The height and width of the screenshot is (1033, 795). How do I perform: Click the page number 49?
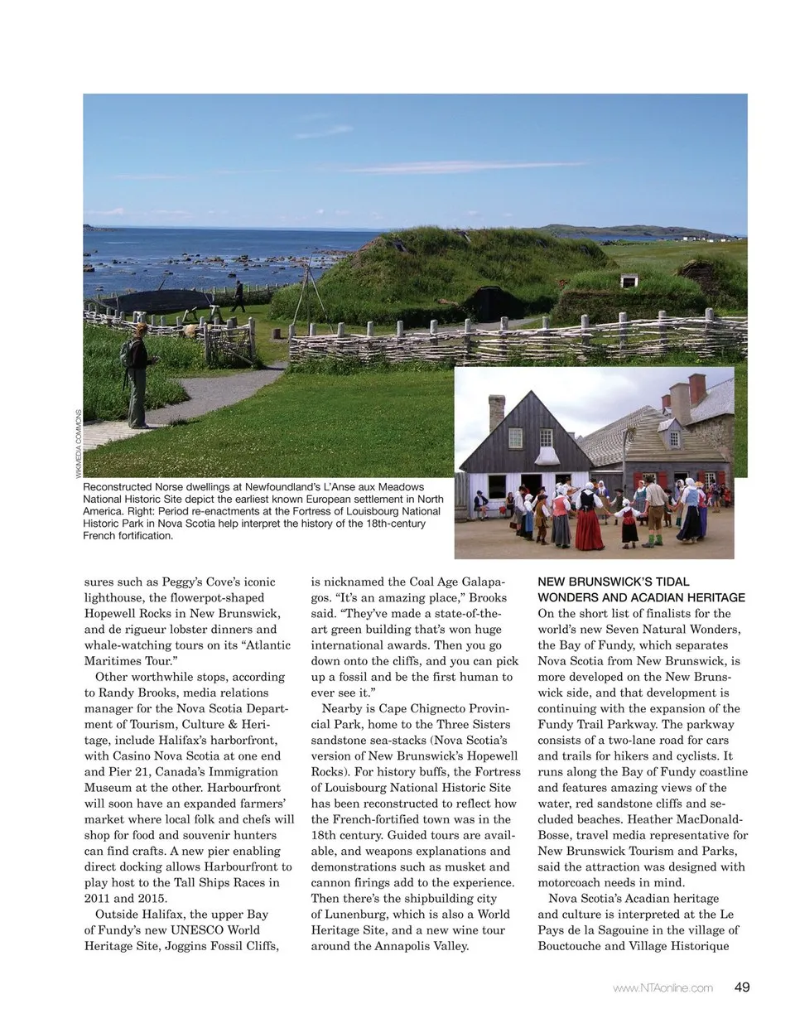741,987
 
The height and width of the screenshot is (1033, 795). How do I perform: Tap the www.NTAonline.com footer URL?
662,987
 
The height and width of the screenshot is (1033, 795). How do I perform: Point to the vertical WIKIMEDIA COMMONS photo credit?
79,443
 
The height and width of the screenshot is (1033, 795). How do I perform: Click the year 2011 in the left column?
99,898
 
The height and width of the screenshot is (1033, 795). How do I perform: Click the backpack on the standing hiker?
126,354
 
